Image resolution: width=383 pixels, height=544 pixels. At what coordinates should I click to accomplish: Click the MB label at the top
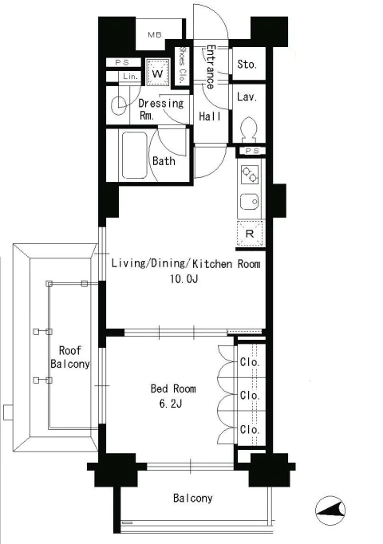(x=154, y=34)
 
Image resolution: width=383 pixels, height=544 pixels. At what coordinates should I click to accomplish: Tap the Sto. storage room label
(x=247, y=64)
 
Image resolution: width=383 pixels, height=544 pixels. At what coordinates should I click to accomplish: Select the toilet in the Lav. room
(x=249, y=129)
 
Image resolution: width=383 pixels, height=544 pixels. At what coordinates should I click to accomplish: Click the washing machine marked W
(x=157, y=73)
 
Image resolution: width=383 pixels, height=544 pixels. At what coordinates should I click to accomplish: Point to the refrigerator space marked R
(x=250, y=234)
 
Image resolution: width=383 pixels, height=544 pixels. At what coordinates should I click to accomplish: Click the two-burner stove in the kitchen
(x=250, y=175)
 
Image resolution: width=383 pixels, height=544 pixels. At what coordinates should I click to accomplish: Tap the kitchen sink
(x=249, y=202)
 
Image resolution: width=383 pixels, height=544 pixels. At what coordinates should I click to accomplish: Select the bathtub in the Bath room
(x=135, y=155)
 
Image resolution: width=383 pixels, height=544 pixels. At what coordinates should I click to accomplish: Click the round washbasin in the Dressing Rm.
(x=120, y=104)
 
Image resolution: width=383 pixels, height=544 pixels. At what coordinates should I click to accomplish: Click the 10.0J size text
(x=184, y=278)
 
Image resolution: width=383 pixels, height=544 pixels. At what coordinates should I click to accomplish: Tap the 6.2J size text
(x=171, y=404)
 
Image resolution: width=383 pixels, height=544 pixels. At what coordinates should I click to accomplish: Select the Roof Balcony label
(x=70, y=357)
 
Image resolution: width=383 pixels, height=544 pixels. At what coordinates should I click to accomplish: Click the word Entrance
(x=210, y=67)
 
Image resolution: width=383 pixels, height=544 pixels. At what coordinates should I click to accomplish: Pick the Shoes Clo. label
(x=182, y=65)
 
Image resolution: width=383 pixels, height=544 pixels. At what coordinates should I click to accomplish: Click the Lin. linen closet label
(x=130, y=77)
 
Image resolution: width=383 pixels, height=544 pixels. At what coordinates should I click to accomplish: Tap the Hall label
(x=210, y=116)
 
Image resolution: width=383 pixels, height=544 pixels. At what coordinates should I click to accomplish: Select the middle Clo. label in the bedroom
(x=250, y=395)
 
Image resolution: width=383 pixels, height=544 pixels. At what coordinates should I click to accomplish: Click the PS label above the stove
(x=252, y=151)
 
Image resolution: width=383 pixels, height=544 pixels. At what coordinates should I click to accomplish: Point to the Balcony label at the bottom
(x=192, y=499)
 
